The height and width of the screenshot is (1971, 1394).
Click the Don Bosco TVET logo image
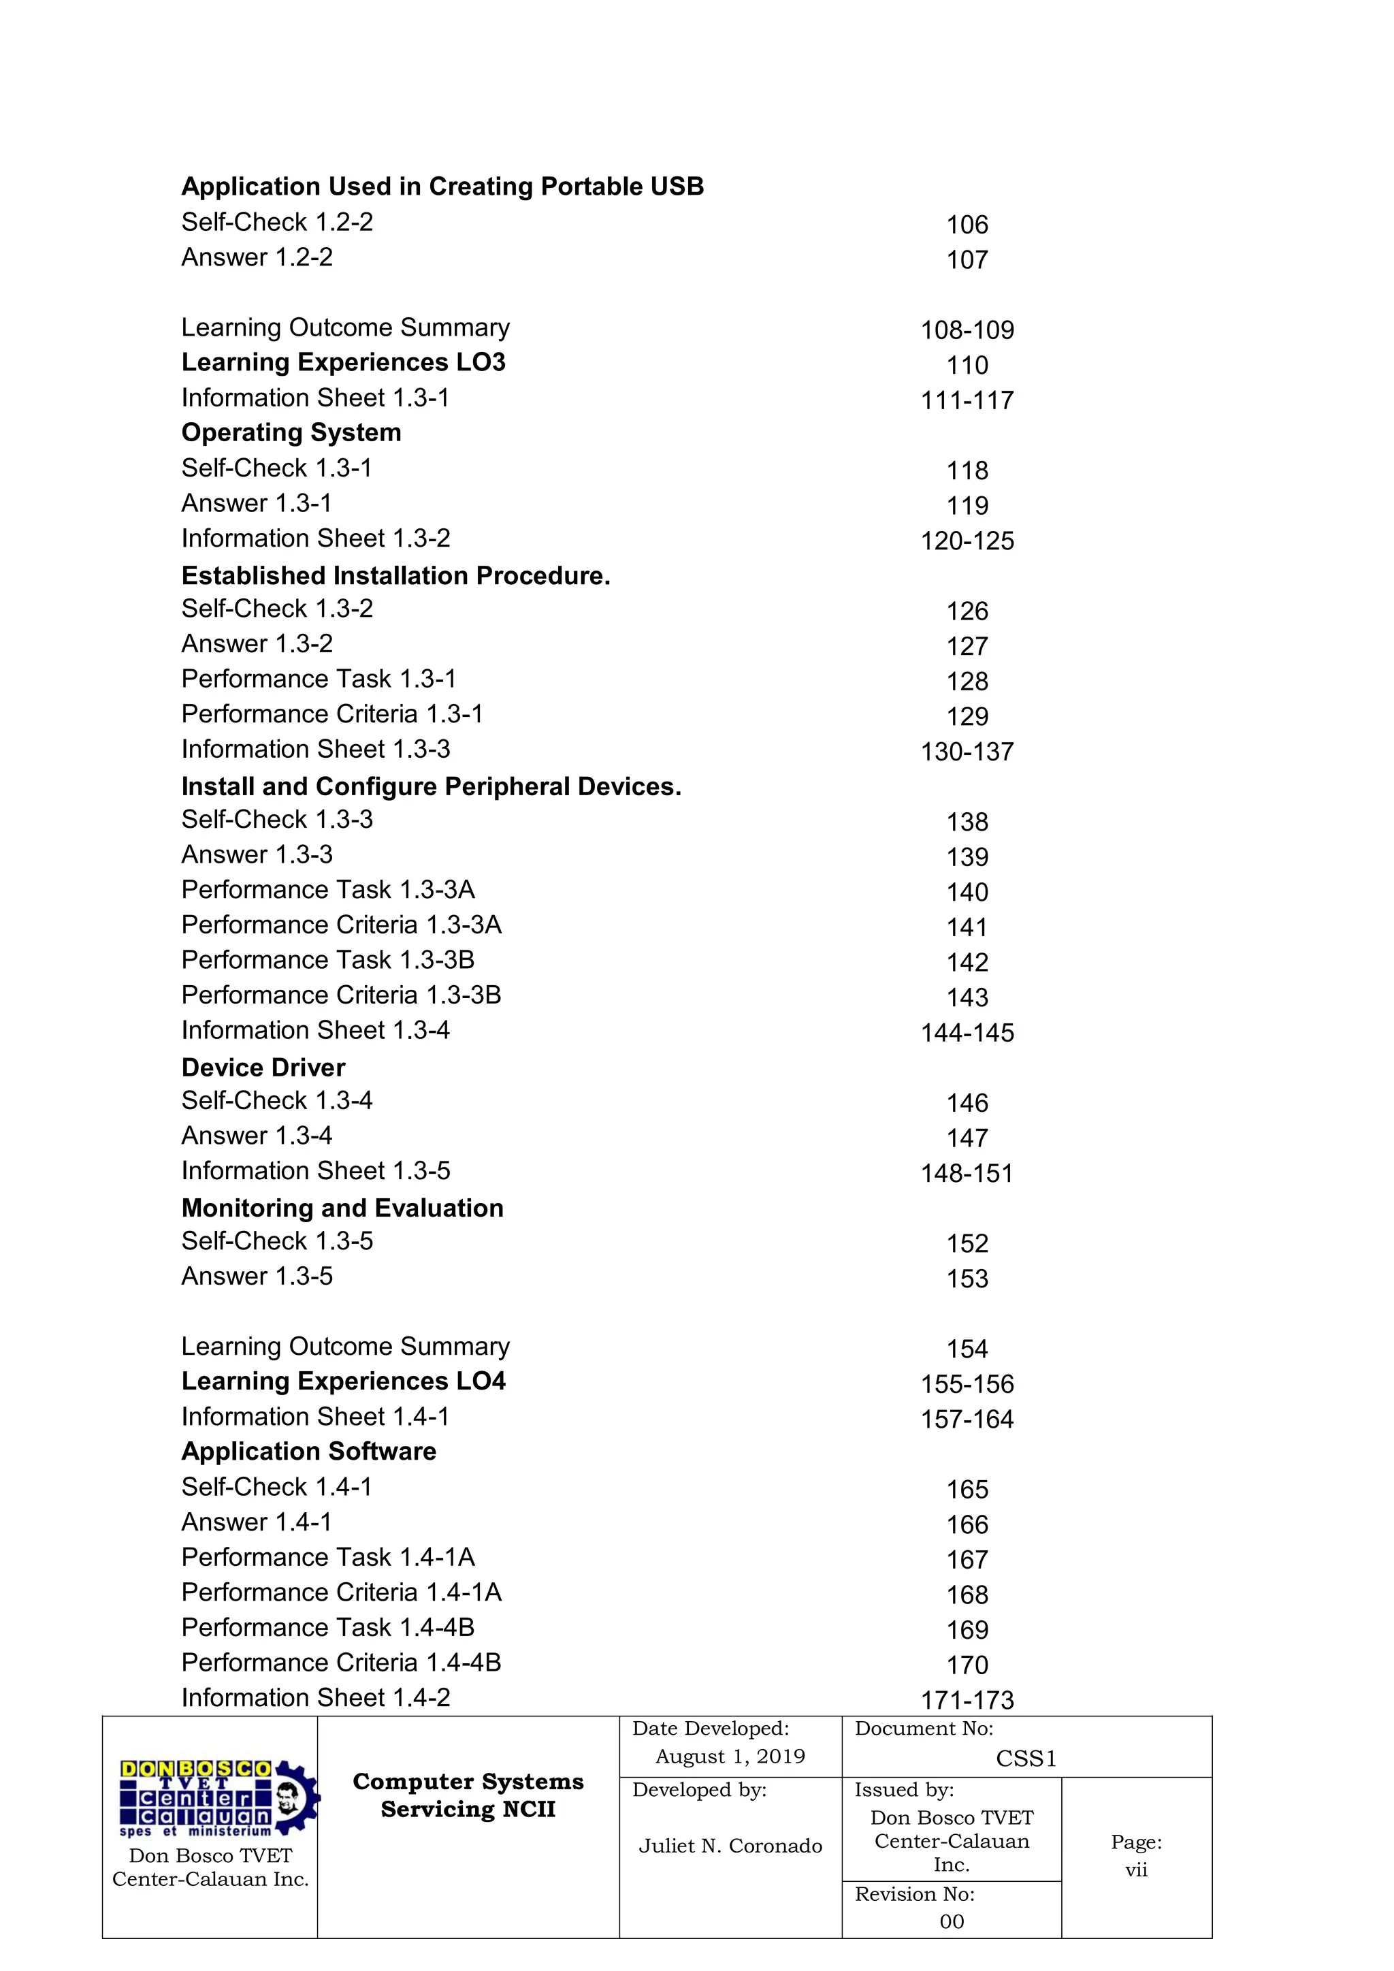coord(218,1797)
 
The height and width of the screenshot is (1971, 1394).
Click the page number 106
coord(967,225)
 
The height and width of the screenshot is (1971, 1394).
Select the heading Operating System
coord(291,432)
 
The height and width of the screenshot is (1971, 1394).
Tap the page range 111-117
coord(967,400)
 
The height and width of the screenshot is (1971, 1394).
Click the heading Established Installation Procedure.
coord(395,575)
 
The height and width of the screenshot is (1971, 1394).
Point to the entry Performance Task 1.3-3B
coord(328,960)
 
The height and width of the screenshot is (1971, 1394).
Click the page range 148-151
coord(967,1174)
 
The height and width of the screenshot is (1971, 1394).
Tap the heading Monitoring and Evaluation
coord(342,1208)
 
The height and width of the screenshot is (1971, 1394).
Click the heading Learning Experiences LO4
coord(343,1381)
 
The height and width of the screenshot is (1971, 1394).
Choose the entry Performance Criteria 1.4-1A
coord(341,1592)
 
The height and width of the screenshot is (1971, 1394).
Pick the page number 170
coord(967,1665)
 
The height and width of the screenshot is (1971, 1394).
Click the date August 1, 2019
coord(730,1756)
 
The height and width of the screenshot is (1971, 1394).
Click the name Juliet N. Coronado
coord(730,1845)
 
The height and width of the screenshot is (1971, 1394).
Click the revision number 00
coord(951,1921)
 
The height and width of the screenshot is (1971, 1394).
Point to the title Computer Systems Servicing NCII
coord(468,1795)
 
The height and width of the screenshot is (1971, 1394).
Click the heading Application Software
coord(309,1451)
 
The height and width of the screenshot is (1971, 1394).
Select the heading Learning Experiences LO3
coord(343,362)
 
